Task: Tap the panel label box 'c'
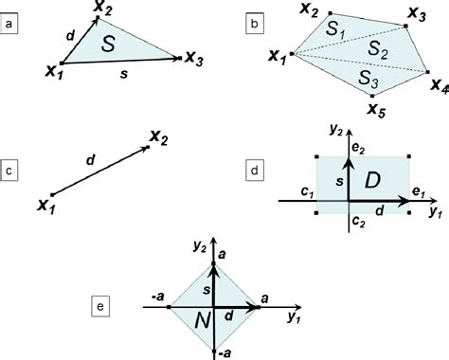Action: [10, 171]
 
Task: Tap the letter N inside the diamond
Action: [201, 323]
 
